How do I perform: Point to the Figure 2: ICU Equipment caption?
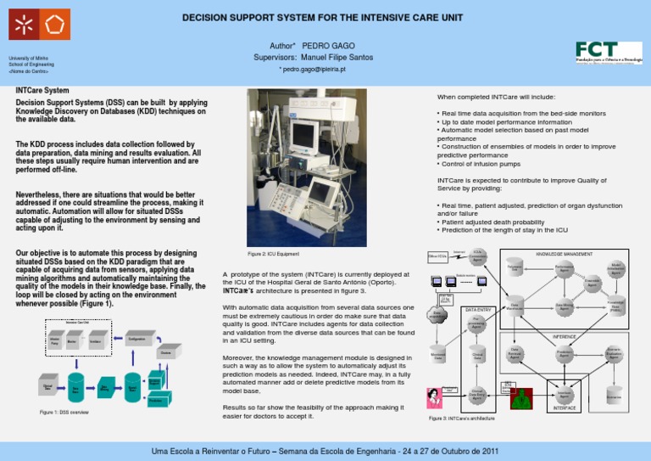click(x=273, y=254)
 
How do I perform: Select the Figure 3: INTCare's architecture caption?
click(x=463, y=419)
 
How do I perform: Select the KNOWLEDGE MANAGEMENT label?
click(x=565, y=254)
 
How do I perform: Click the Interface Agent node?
click(x=565, y=394)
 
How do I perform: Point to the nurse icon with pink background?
click(x=433, y=398)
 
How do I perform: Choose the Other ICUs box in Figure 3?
click(x=437, y=256)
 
